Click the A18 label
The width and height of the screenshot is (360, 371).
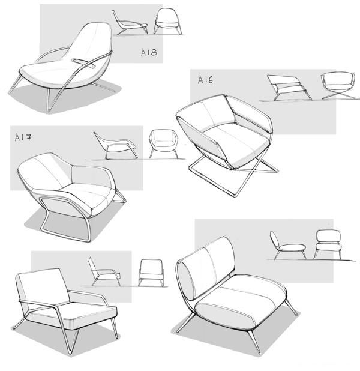click(149, 52)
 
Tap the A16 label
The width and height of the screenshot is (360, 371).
click(205, 80)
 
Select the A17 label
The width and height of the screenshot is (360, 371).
click(23, 137)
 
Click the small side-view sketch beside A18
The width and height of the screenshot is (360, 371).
click(131, 23)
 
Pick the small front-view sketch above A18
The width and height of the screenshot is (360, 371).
click(168, 21)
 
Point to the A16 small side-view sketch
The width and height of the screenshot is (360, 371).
click(289, 88)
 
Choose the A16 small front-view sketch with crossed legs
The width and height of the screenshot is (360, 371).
click(339, 86)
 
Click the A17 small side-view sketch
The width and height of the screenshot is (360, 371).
click(115, 145)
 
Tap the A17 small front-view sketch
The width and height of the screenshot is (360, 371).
click(163, 143)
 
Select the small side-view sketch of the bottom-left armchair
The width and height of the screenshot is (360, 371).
click(104, 271)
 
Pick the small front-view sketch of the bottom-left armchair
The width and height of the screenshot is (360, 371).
click(151, 273)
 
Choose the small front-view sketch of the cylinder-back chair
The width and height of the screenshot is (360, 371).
click(328, 244)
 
